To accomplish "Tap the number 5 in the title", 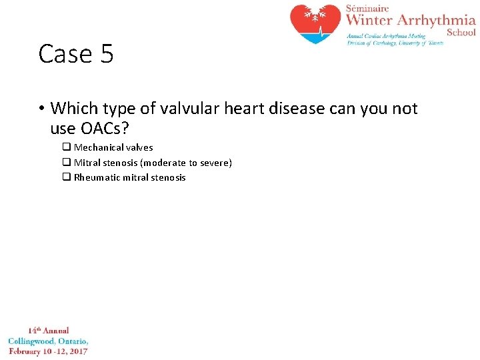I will [x=107, y=53].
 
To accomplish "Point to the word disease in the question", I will [x=283, y=108].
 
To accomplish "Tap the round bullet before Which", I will [x=41, y=109].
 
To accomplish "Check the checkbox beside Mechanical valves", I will [x=67, y=147].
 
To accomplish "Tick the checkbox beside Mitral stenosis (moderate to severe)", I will [x=67, y=163].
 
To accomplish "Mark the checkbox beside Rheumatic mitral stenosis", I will [x=67, y=177].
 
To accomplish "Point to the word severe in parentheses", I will [x=216, y=163].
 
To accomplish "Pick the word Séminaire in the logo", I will [x=367, y=7].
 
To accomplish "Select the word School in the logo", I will [x=461, y=32].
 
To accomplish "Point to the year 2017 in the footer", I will [x=77, y=351].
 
